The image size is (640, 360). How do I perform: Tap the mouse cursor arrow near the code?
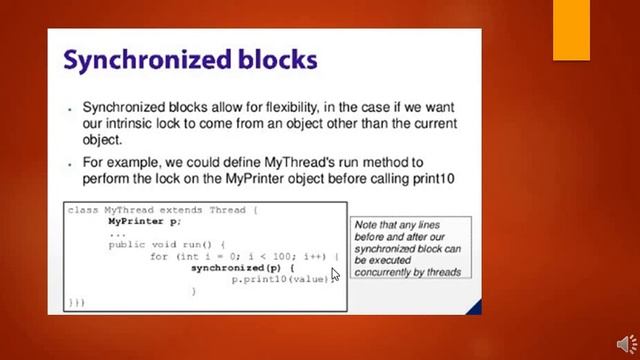coord(334,271)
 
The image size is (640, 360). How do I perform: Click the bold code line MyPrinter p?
coord(145,221)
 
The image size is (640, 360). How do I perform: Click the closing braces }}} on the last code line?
coord(76,301)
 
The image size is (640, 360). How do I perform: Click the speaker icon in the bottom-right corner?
coord(625,345)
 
